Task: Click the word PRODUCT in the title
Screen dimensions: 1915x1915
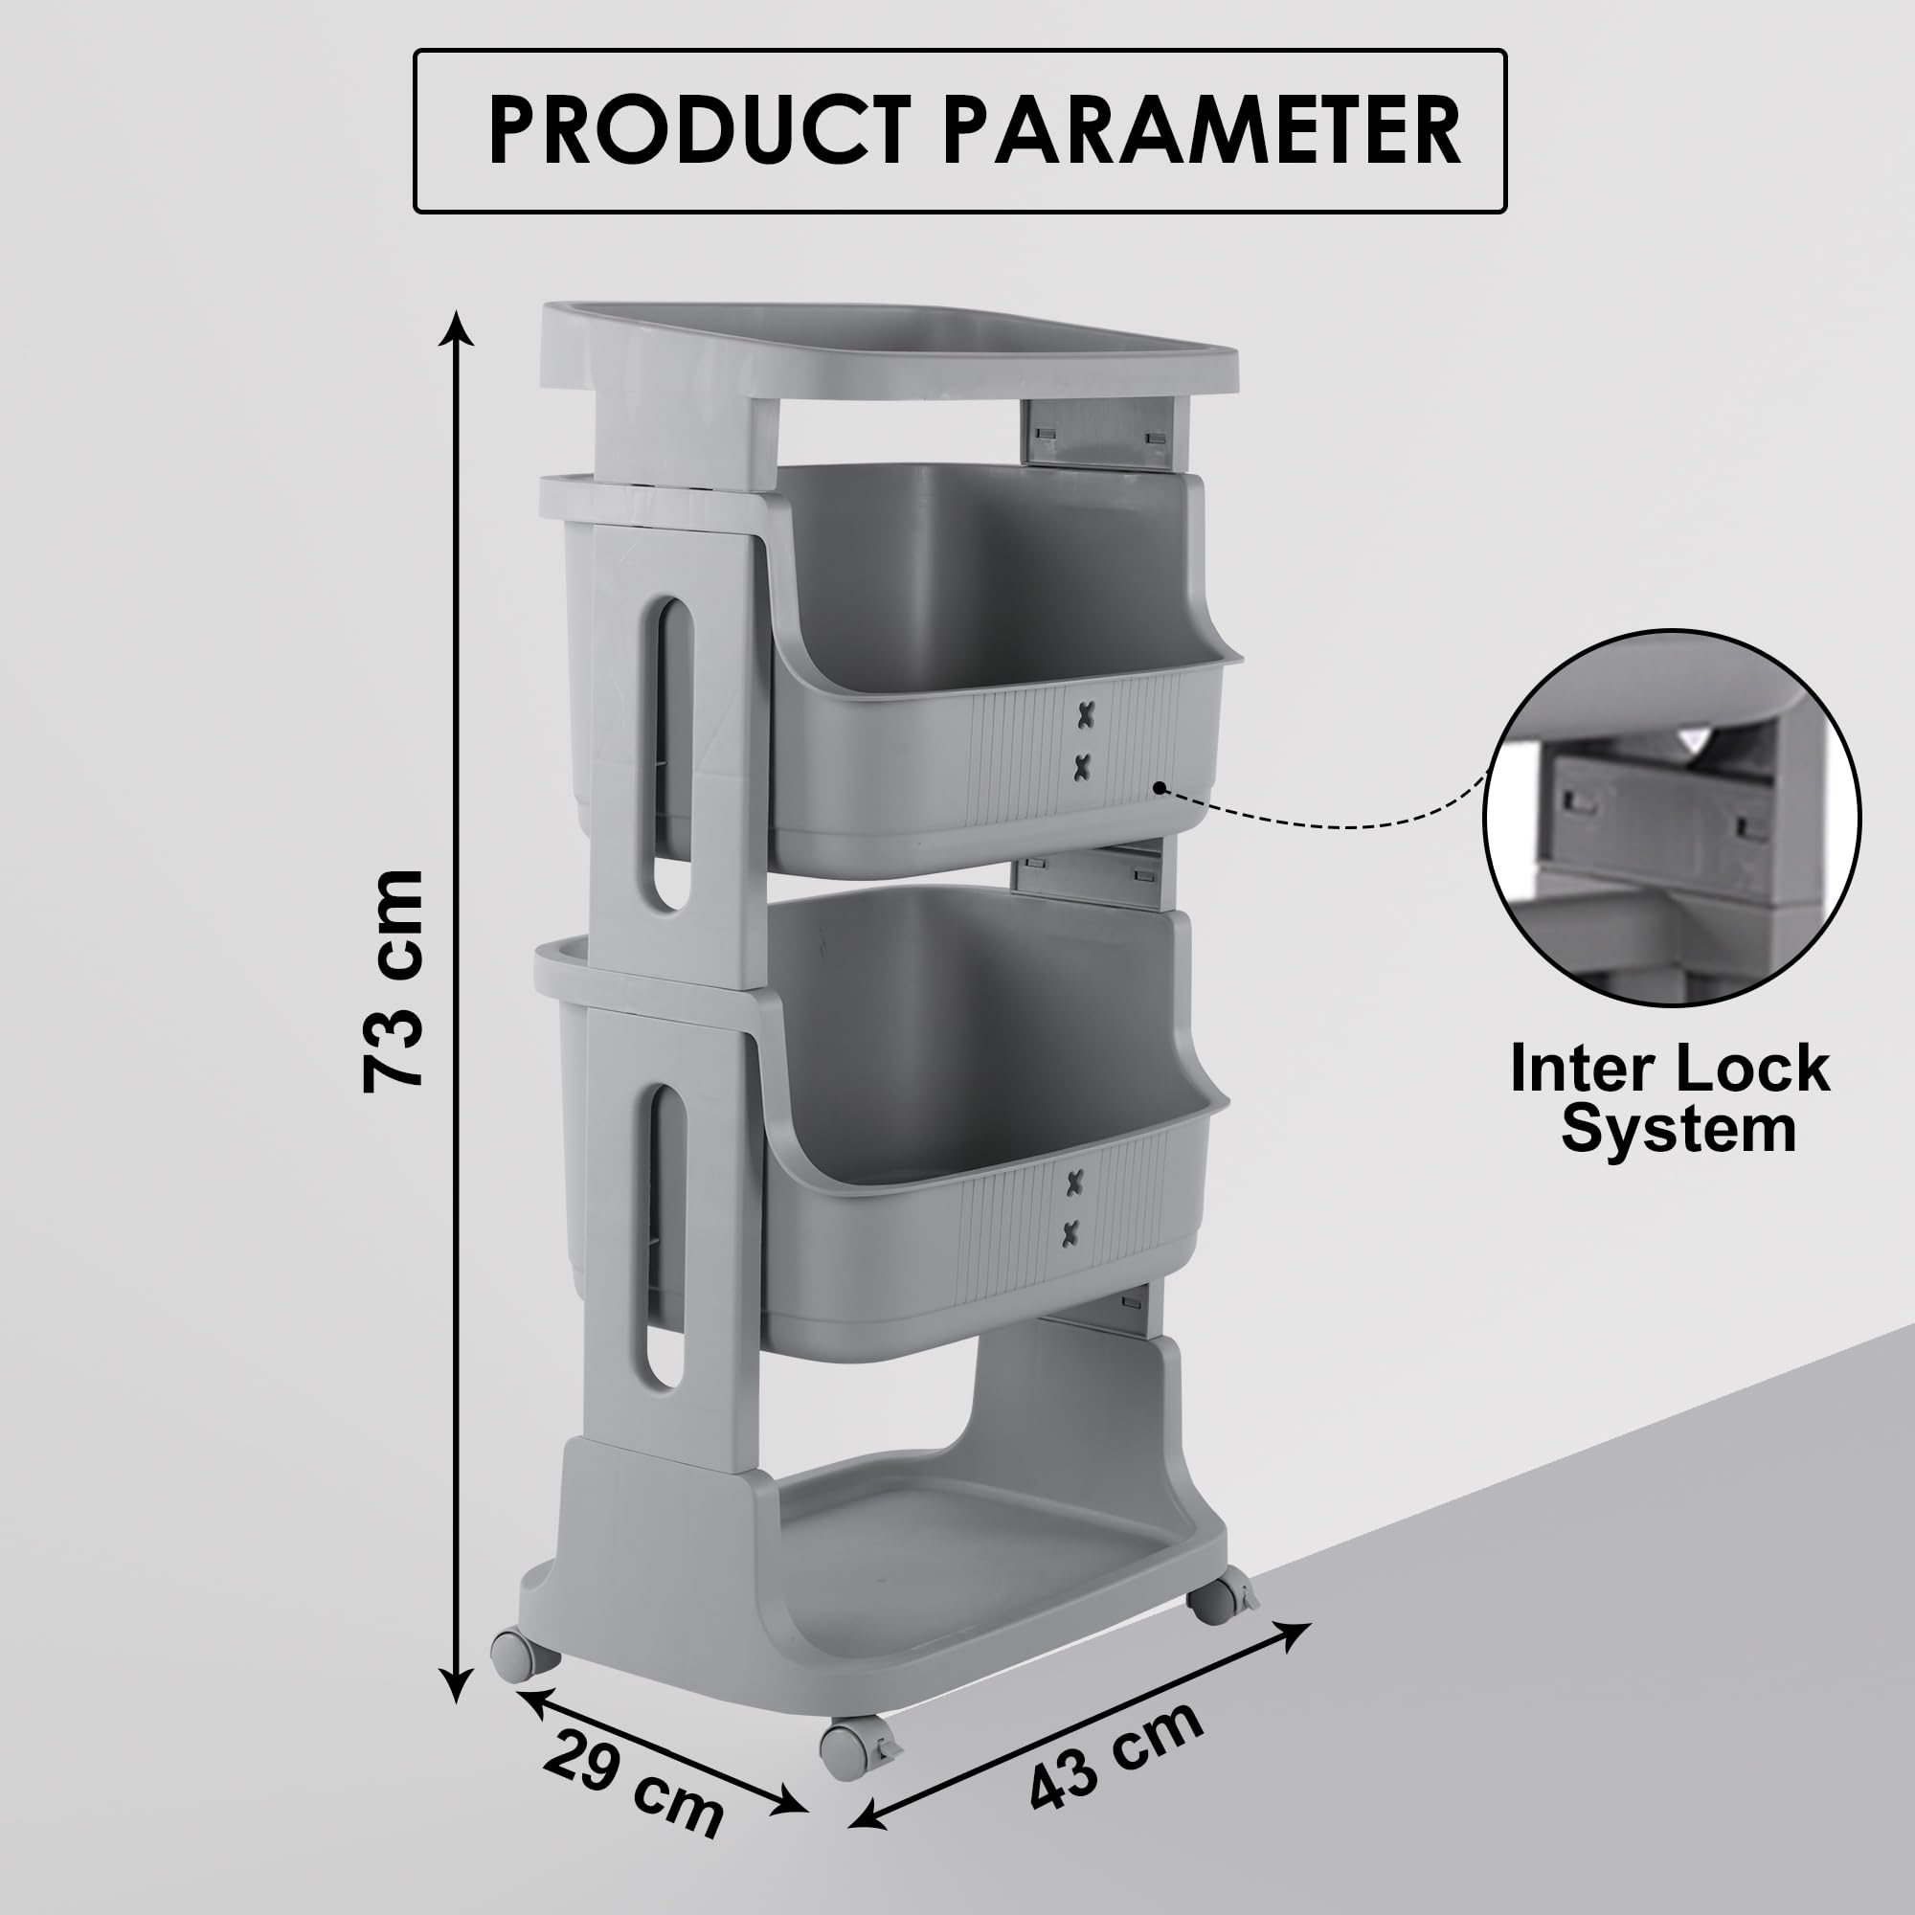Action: (x=699, y=130)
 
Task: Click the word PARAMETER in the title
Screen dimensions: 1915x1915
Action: (x=1203, y=130)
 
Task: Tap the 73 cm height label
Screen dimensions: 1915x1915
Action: (x=394, y=981)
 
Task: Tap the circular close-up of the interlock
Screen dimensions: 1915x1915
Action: (x=1671, y=819)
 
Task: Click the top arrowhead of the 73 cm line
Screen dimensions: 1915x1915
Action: (x=456, y=328)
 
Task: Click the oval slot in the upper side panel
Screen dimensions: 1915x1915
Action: (x=672, y=753)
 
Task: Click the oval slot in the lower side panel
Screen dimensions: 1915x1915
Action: (x=666, y=1235)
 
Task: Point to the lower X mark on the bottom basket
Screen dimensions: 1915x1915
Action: (x=1071, y=1233)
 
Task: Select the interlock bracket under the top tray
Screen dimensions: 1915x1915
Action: (x=1096, y=431)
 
